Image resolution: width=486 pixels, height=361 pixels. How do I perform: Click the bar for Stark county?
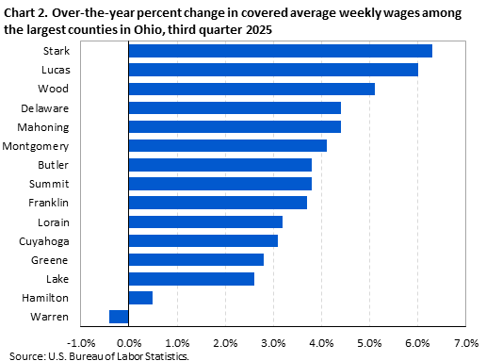coord(280,51)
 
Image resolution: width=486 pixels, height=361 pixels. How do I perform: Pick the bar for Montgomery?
coord(227,145)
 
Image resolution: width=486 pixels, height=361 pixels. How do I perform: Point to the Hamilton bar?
coord(139,298)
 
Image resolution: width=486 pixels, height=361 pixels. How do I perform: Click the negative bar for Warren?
coord(118,317)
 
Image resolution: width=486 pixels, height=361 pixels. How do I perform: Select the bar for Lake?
coord(190,279)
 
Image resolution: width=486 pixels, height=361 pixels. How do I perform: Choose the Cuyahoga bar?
coord(202,240)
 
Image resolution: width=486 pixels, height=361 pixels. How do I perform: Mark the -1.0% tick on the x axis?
coord(79,342)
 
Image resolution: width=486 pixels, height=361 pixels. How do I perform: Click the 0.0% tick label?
coord(128,342)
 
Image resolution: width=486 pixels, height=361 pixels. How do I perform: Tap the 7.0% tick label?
coord(465,342)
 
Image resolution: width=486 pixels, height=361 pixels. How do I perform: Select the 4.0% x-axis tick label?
coord(321,342)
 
